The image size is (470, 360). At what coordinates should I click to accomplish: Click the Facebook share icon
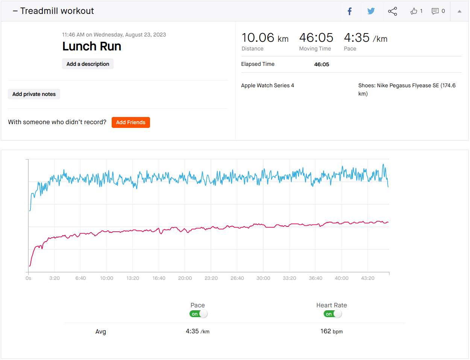pyautogui.click(x=350, y=11)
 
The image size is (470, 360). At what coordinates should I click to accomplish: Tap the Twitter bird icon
pyautogui.click(x=371, y=11)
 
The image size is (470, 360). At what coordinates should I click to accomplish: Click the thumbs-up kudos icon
pyautogui.click(x=414, y=11)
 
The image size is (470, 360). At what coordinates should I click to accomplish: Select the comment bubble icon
pyautogui.click(x=435, y=11)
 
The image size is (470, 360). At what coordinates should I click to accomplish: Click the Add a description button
pyautogui.click(x=88, y=64)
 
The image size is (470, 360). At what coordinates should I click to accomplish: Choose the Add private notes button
pyautogui.click(x=34, y=94)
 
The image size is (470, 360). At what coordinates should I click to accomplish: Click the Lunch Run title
pyautogui.click(x=92, y=46)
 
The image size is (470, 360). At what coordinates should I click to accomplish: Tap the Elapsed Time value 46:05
pyautogui.click(x=321, y=64)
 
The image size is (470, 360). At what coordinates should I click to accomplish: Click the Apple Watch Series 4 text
pyautogui.click(x=267, y=85)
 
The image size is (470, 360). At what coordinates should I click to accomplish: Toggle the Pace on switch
pyautogui.click(x=198, y=314)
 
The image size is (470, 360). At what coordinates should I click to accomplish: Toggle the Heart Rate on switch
pyautogui.click(x=332, y=314)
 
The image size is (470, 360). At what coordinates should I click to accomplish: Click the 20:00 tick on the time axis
pyautogui.click(x=185, y=278)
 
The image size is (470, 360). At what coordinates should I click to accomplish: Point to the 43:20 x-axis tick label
pyautogui.click(x=368, y=278)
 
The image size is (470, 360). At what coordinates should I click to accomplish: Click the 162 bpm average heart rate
pyautogui.click(x=331, y=331)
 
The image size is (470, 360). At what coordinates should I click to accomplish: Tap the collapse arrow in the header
pyautogui.click(x=459, y=11)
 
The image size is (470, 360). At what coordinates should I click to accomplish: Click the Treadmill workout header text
pyautogui.click(x=57, y=11)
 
